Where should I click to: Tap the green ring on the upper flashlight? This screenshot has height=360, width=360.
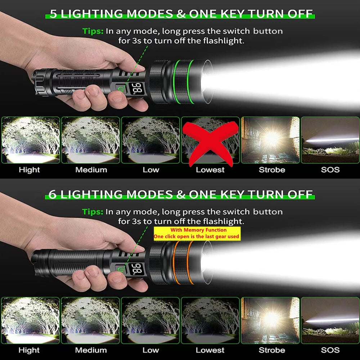click(x=177, y=82)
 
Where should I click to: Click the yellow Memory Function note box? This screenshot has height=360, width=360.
click(x=197, y=233)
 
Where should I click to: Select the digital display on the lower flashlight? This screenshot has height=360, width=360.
click(x=137, y=268)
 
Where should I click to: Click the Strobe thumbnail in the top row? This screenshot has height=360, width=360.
click(x=270, y=140)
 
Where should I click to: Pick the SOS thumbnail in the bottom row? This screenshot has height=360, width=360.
click(x=330, y=320)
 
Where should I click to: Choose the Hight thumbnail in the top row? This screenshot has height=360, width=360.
click(x=31, y=140)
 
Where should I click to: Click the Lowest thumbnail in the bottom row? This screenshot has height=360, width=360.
click(x=210, y=320)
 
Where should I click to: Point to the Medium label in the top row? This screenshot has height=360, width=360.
click(x=91, y=170)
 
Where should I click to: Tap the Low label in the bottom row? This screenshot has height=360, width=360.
click(x=150, y=350)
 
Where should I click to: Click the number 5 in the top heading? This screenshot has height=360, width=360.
click(x=53, y=14)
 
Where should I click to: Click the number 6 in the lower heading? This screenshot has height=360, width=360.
click(x=53, y=194)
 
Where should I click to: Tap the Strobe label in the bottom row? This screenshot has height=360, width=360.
click(x=272, y=350)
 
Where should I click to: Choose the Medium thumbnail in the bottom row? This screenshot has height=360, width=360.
click(x=91, y=320)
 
